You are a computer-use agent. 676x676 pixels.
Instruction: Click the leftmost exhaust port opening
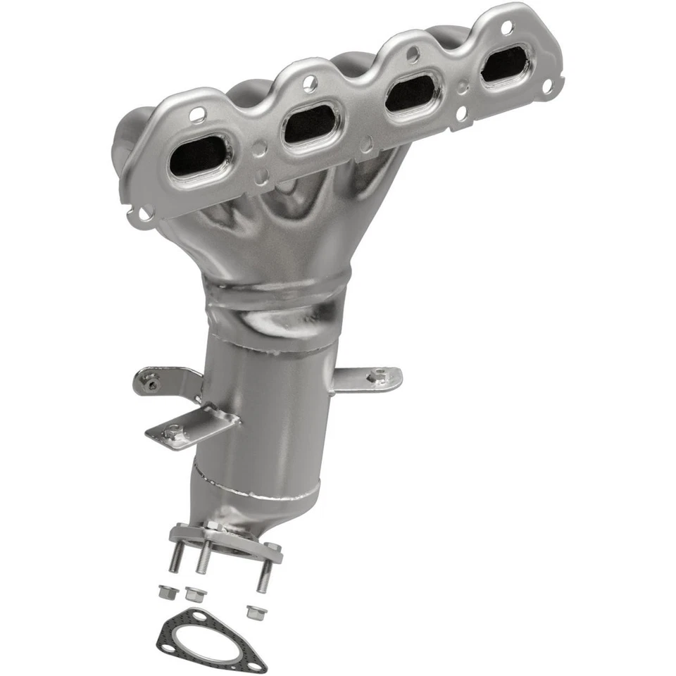[199, 155]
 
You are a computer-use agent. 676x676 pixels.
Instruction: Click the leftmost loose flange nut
[165, 593]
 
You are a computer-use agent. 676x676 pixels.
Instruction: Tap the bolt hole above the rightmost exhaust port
[506, 29]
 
